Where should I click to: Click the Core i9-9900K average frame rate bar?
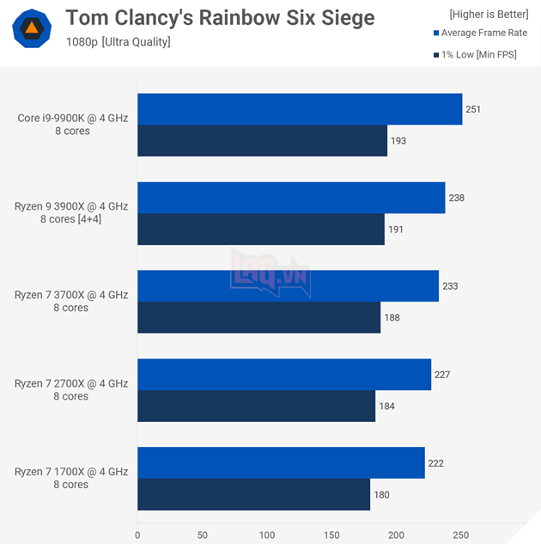click(x=300, y=109)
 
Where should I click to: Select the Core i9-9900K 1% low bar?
click(x=262, y=141)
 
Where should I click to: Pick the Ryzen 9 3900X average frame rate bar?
click(x=291, y=198)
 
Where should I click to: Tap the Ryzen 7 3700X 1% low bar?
click(x=258, y=317)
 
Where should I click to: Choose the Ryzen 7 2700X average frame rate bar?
click(x=284, y=375)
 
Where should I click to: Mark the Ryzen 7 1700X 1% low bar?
click(x=253, y=494)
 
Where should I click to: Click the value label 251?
click(x=473, y=109)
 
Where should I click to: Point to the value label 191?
click(x=395, y=229)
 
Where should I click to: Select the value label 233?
click(x=449, y=286)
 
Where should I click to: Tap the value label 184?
click(x=386, y=406)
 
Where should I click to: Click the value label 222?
click(x=435, y=463)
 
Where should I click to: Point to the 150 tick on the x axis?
click(x=331, y=534)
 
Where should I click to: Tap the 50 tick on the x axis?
click(x=202, y=534)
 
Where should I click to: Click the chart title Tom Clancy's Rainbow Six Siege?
click(x=220, y=17)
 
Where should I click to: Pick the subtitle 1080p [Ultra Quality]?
click(x=118, y=42)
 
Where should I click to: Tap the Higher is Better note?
click(x=488, y=14)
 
